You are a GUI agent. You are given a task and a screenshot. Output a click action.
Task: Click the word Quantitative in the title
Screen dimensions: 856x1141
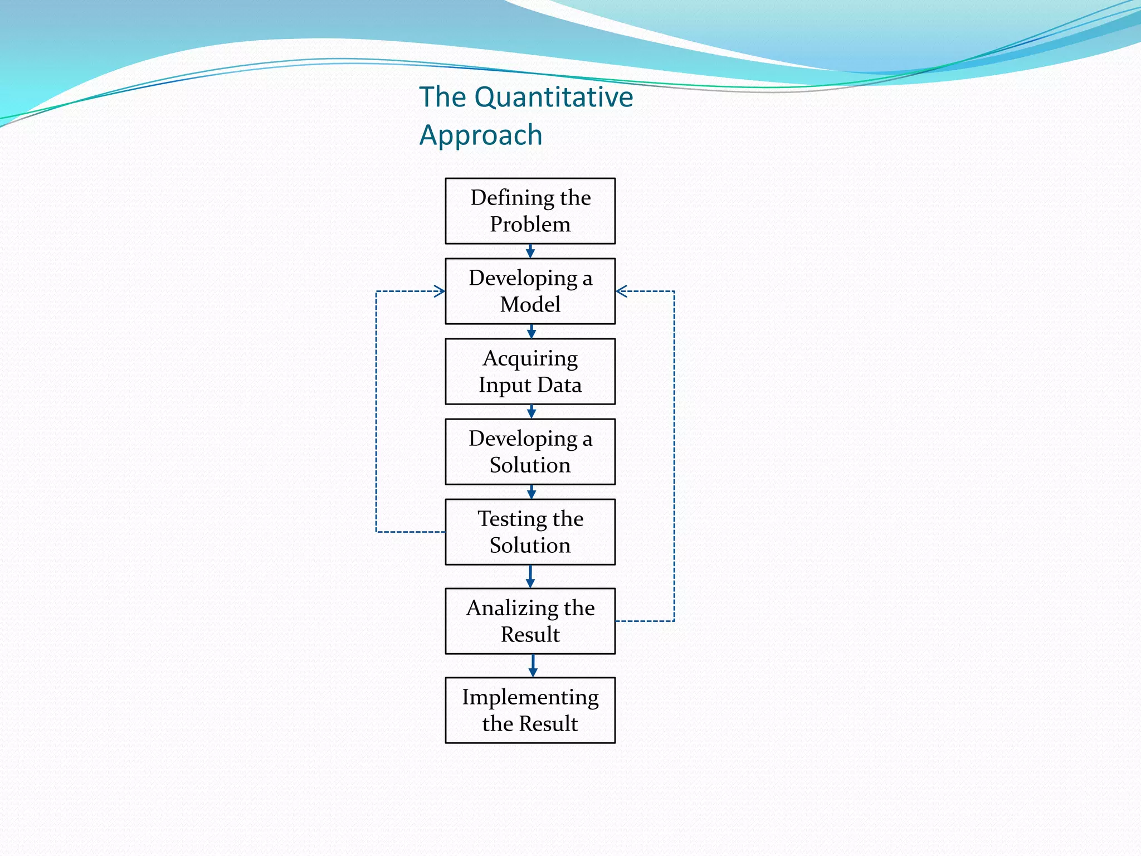click(554, 98)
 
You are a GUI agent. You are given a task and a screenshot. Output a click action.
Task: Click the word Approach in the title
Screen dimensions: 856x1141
click(481, 135)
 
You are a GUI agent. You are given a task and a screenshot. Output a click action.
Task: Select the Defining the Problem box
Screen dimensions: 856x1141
click(530, 211)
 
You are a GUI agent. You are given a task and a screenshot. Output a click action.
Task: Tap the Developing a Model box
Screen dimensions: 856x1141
click(530, 291)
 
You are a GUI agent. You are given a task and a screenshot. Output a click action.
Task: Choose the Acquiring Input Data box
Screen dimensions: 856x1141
click(530, 371)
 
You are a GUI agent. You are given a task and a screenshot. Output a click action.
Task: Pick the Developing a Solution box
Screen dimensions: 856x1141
click(530, 451)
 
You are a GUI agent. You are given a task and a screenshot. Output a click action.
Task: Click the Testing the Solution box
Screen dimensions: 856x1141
click(530, 532)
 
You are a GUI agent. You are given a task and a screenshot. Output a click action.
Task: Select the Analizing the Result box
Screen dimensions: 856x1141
click(530, 621)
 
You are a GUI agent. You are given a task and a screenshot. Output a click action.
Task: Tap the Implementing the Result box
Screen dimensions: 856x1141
click(530, 710)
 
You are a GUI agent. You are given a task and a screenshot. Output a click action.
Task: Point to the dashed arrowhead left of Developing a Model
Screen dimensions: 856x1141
click(440, 291)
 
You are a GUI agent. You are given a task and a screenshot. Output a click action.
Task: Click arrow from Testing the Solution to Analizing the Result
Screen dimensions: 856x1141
click(530, 577)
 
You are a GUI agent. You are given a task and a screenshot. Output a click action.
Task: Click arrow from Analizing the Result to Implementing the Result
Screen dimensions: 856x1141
click(533, 666)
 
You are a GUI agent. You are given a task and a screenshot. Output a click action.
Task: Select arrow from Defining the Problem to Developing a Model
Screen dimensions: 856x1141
click(530, 251)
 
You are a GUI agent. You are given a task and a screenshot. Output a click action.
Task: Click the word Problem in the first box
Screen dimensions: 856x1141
click(530, 225)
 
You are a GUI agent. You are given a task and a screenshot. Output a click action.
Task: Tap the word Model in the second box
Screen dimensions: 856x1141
click(530, 305)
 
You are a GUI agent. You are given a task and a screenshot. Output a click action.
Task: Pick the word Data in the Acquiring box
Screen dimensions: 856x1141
click(559, 385)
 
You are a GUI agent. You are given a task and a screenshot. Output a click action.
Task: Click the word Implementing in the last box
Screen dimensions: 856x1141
click(530, 698)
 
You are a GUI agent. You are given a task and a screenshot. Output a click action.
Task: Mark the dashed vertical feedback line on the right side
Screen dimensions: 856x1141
click(674, 457)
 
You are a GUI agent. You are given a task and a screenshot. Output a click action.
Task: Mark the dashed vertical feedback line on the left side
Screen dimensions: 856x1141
click(377, 412)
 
